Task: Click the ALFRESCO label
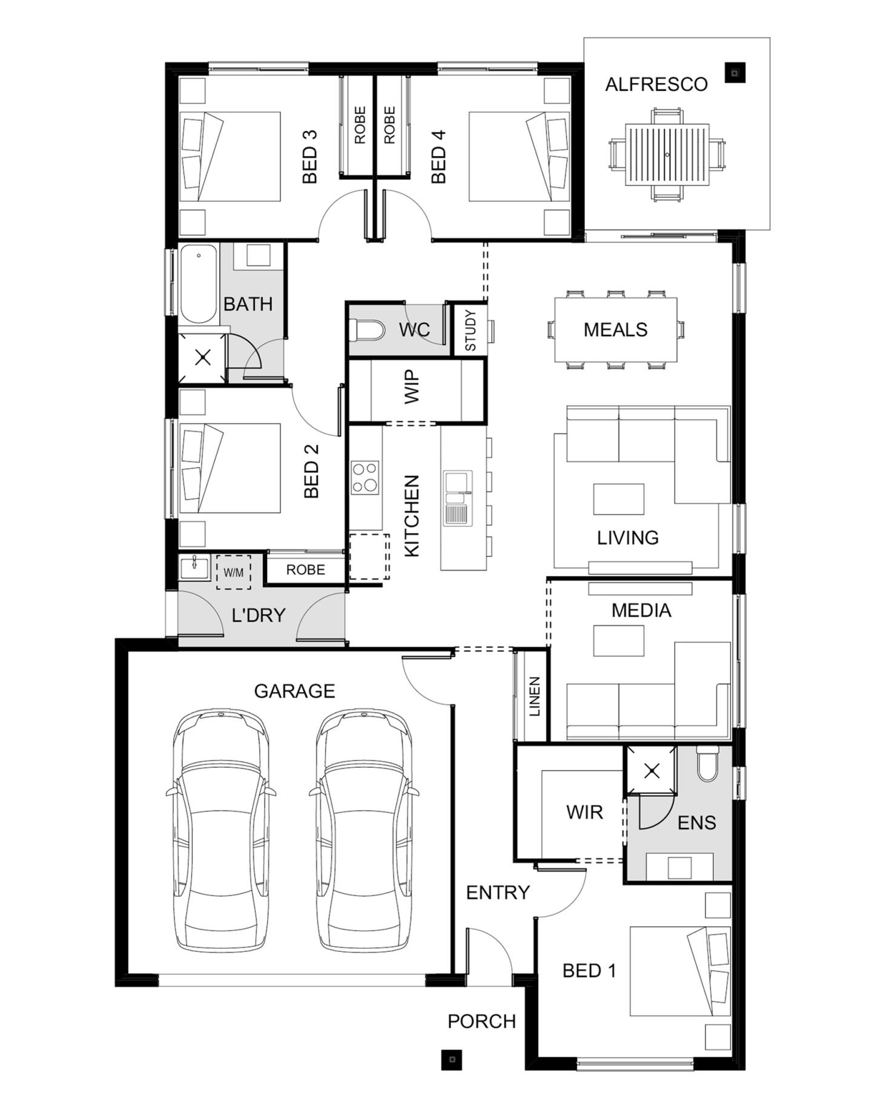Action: (x=656, y=84)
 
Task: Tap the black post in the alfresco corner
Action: (x=735, y=73)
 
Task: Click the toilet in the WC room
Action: (x=367, y=331)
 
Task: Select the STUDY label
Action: (x=471, y=331)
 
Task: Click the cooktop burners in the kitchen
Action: (x=365, y=478)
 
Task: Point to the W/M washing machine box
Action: (x=233, y=572)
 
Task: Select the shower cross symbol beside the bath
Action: (x=203, y=357)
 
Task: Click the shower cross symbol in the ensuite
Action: (x=652, y=771)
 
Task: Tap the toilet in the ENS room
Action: (x=707, y=765)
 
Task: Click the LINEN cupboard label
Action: (x=534, y=696)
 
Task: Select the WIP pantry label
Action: (x=412, y=387)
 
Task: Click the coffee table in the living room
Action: (x=618, y=498)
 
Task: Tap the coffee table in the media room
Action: (x=618, y=641)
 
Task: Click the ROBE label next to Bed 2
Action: (x=305, y=570)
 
